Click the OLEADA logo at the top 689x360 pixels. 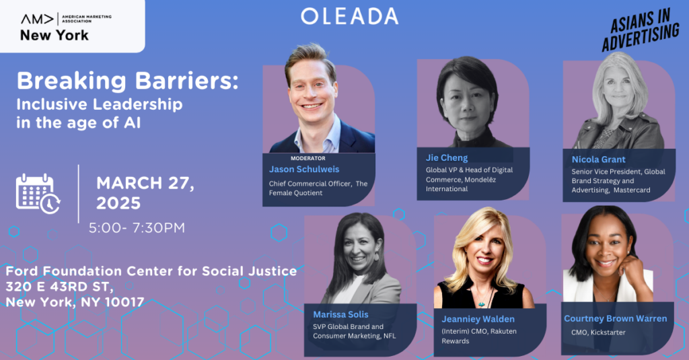click(350, 16)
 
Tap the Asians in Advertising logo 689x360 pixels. click(641, 30)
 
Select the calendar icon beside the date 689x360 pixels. click(38, 193)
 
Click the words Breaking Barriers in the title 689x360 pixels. click(127, 81)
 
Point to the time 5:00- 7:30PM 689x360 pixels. click(137, 227)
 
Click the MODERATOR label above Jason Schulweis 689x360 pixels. click(308, 158)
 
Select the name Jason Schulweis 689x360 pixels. click(304, 169)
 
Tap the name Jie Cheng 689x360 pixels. click(447, 158)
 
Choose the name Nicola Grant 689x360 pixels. click(598, 159)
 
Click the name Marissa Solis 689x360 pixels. click(340, 314)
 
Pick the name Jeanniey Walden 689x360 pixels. click(478, 319)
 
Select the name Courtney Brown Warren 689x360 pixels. click(615, 319)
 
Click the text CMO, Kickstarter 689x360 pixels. click(598, 332)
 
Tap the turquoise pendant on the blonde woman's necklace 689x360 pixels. click(482, 303)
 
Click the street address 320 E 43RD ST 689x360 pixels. click(59, 287)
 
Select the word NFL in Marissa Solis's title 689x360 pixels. click(390, 336)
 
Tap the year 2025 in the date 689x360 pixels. click(118, 203)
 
